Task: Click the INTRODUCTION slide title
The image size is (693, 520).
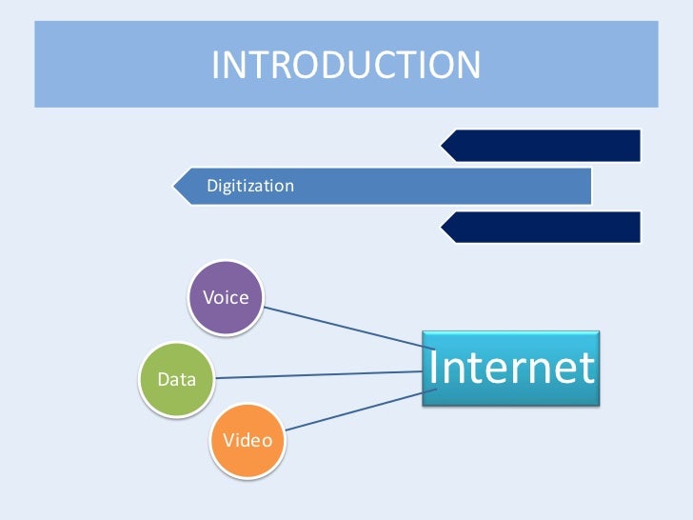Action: pos(346,65)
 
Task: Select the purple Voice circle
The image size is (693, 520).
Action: pos(226,297)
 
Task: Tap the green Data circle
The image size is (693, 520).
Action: pos(177,379)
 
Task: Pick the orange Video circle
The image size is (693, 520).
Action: pos(247,440)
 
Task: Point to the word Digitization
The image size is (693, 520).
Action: pos(250,186)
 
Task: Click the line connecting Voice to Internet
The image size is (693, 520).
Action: pos(343,325)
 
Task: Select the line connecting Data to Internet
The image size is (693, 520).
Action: pos(319,374)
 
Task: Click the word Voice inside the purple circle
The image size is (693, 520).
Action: pos(226,297)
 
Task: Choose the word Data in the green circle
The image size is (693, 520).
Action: pos(177,379)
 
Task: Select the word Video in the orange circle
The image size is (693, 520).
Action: pos(247,440)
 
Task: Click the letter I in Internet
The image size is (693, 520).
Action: pos(433,368)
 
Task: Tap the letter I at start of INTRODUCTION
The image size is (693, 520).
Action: pos(215,66)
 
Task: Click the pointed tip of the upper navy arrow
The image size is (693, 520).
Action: pos(442,146)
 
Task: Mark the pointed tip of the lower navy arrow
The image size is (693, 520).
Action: pos(442,227)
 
